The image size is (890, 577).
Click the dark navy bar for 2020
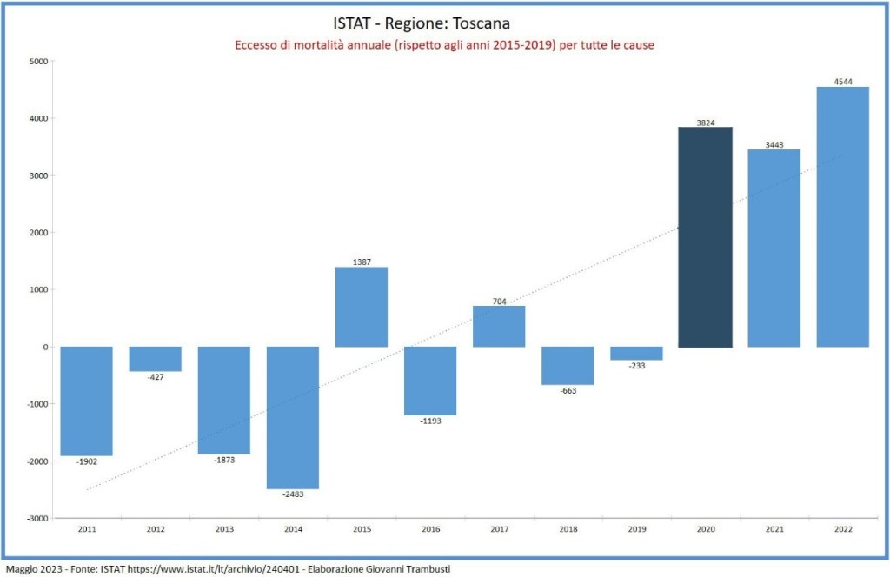point(706,237)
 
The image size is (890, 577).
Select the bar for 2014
point(292,417)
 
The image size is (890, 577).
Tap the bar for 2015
point(362,307)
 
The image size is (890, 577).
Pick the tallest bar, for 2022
point(843,216)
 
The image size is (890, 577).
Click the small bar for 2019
point(637,353)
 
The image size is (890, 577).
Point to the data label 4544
point(843,82)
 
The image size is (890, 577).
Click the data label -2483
point(292,494)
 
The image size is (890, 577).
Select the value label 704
point(499,301)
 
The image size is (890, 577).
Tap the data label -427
point(156,377)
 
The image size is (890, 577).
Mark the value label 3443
point(774,144)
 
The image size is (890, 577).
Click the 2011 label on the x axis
point(86,529)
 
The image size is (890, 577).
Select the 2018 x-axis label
point(568,529)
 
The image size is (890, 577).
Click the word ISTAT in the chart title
point(353,22)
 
